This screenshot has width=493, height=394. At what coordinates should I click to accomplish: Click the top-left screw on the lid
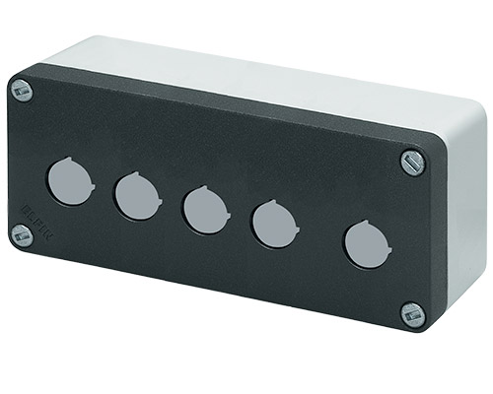[x=22, y=91]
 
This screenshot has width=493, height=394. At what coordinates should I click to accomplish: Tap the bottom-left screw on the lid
[x=21, y=234]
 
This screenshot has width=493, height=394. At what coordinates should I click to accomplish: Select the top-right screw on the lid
[x=412, y=162]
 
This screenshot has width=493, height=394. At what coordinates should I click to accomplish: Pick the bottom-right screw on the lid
[x=412, y=314]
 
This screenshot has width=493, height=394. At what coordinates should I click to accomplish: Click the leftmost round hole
[x=68, y=182]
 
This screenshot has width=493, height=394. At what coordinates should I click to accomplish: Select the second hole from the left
[x=136, y=196]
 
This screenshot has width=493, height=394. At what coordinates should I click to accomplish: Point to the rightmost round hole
[x=366, y=243]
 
